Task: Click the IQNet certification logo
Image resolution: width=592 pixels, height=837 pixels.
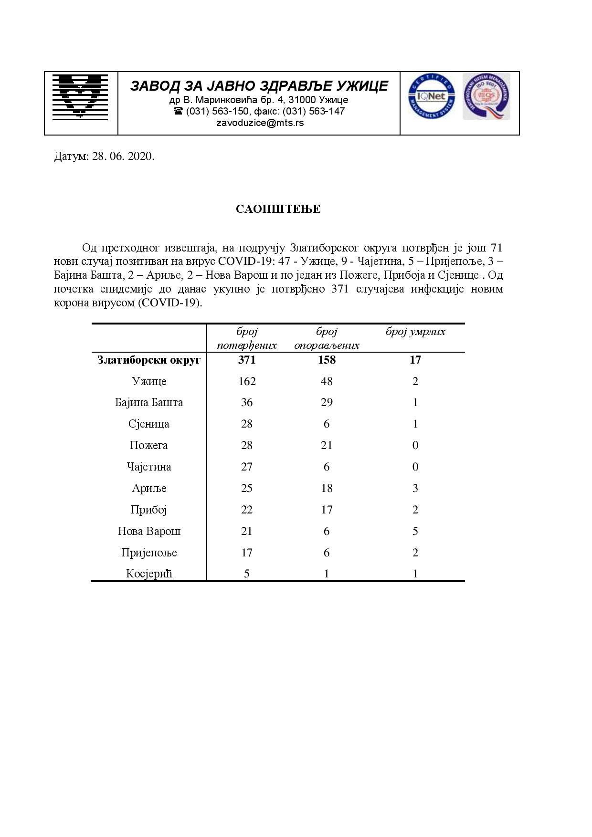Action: click(431, 97)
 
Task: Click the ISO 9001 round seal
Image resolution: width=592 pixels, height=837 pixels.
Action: click(486, 96)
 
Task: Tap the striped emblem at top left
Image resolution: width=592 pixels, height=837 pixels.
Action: click(80, 96)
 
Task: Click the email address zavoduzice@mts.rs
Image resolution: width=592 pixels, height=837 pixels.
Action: click(260, 123)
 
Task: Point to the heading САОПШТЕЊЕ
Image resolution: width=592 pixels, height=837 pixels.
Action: click(278, 209)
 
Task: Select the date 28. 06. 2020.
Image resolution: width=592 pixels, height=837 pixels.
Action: click(123, 157)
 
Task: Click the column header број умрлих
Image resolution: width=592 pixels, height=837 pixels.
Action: click(415, 332)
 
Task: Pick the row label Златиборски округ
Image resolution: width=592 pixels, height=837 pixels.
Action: click(149, 360)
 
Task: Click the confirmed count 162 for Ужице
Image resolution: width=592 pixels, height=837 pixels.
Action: click(247, 381)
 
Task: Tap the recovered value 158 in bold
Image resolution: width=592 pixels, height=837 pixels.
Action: click(327, 360)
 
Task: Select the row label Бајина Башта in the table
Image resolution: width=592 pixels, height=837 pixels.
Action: click(149, 402)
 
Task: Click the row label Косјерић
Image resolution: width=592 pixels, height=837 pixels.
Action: click(149, 574)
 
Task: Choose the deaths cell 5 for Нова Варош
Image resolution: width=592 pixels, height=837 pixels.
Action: click(415, 531)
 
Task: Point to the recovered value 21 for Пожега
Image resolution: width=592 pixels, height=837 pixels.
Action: click(327, 445)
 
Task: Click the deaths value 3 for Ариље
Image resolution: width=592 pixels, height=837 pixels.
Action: click(415, 488)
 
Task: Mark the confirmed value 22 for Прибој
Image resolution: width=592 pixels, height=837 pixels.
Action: click(247, 510)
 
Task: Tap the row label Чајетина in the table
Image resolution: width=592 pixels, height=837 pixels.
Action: click(149, 467)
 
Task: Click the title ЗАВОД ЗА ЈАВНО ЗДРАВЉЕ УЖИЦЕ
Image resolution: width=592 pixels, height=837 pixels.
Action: click(259, 86)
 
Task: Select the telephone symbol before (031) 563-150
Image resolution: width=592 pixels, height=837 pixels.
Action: click(178, 111)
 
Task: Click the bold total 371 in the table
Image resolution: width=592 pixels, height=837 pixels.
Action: click(247, 360)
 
